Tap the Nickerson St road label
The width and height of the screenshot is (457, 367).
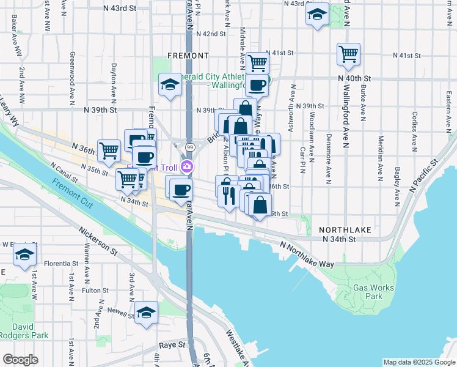[97, 241]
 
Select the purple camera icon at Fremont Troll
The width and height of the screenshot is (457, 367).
[189, 166]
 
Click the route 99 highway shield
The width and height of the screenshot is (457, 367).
[190, 147]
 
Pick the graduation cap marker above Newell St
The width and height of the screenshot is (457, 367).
[146, 313]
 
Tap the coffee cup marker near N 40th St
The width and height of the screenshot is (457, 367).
[258, 85]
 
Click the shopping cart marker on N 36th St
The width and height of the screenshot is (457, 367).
[109, 150]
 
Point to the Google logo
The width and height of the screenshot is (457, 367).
[20, 360]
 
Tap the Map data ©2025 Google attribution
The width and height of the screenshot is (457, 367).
[419, 362]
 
